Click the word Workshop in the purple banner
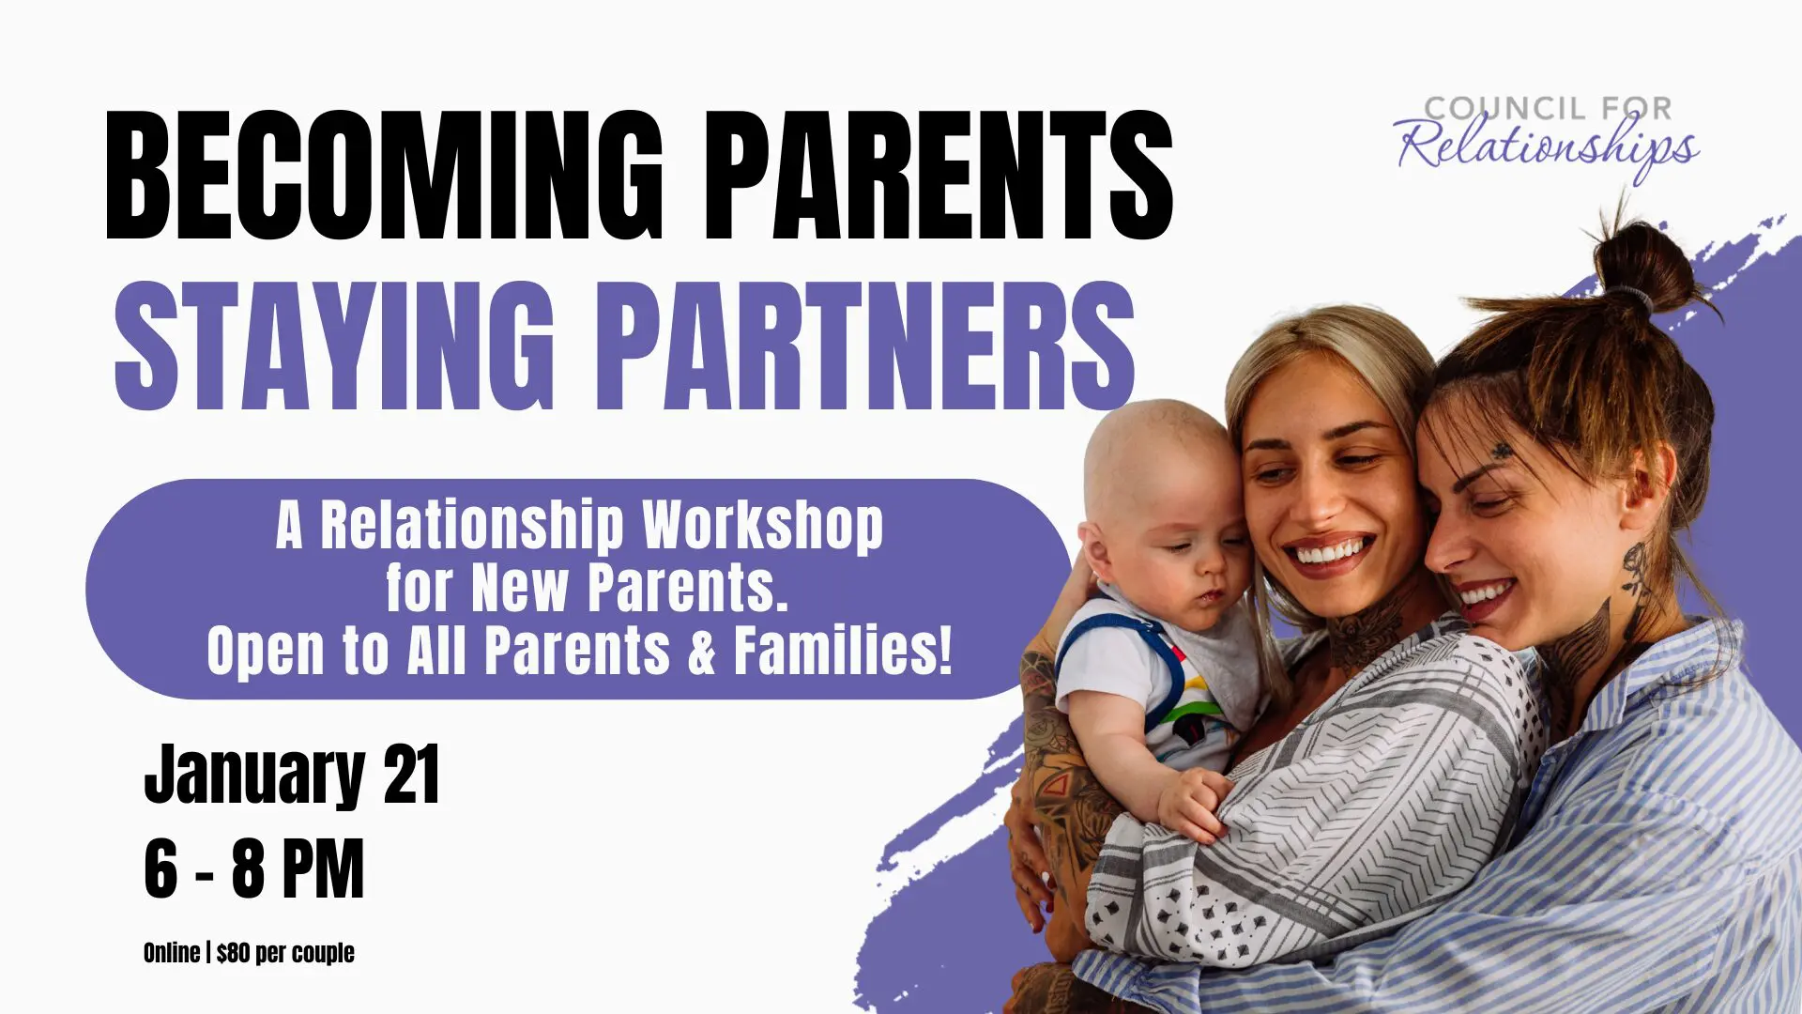click(762, 526)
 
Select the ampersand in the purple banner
click(702, 650)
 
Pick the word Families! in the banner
click(843, 650)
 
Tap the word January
click(253, 775)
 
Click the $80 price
click(233, 953)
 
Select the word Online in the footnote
click(171, 953)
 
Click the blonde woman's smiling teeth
click(1329, 552)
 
